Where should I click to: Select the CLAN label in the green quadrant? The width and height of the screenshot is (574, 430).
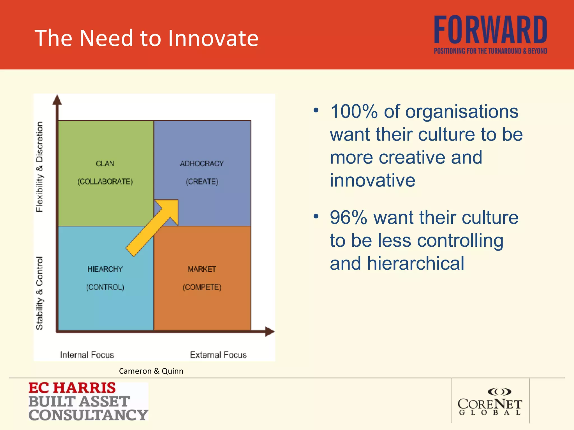pos(105,163)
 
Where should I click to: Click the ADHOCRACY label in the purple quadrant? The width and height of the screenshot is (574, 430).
pos(202,163)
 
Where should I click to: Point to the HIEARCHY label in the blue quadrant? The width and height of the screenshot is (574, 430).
pos(105,269)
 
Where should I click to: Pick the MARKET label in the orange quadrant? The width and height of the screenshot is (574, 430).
pos(202,269)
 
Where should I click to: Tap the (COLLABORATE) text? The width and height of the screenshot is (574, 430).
pos(105,181)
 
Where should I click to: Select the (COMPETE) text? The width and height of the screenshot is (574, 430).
pos(202,287)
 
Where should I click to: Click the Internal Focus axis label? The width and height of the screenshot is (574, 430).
pos(87,355)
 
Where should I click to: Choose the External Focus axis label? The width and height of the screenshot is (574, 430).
pos(218,355)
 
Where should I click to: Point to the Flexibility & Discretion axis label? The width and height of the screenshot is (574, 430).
pos(40,167)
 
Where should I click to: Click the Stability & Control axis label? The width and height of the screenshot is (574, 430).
pos(40,293)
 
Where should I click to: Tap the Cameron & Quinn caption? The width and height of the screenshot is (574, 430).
pos(151,371)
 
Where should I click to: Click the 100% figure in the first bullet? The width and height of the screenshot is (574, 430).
pos(354,111)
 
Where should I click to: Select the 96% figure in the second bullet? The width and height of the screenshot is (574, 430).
pos(348,218)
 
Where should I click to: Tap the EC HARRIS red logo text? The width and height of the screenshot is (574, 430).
pos(72,388)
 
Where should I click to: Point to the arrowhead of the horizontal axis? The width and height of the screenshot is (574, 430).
pos(270,331)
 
